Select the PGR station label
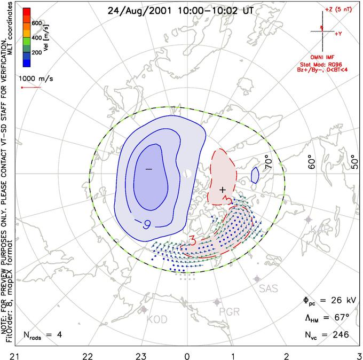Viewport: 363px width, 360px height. point(229,312)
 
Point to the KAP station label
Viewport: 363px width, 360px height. point(317,229)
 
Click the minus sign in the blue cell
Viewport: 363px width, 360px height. point(148,169)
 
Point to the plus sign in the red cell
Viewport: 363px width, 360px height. point(223,189)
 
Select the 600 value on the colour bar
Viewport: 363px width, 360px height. point(36,24)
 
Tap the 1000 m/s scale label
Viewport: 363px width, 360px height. point(35,76)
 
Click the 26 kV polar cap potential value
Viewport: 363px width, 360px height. point(335,300)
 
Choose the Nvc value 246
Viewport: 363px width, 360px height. point(339,334)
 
